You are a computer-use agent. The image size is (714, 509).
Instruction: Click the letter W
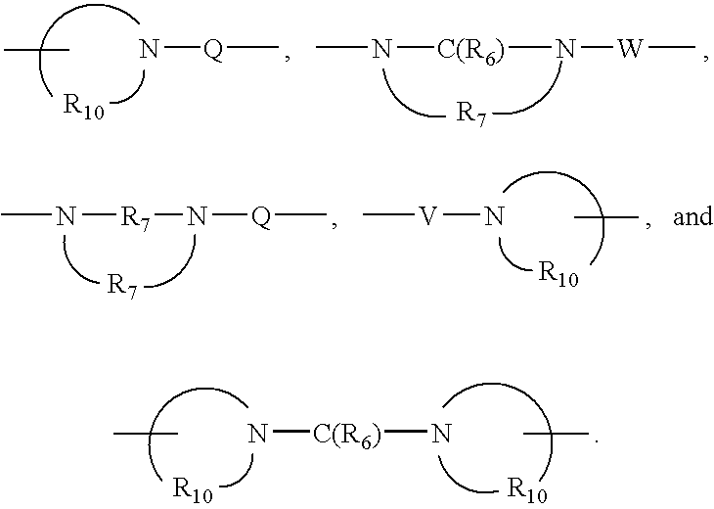(x=627, y=53)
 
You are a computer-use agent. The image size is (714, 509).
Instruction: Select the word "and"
(x=692, y=217)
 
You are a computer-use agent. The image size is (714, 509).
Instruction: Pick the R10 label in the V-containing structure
(x=558, y=275)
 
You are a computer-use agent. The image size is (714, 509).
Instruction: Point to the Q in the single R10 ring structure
(x=212, y=53)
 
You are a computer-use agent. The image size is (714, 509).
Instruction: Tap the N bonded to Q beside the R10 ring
(x=148, y=53)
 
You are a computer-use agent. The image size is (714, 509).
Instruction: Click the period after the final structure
(x=595, y=443)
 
